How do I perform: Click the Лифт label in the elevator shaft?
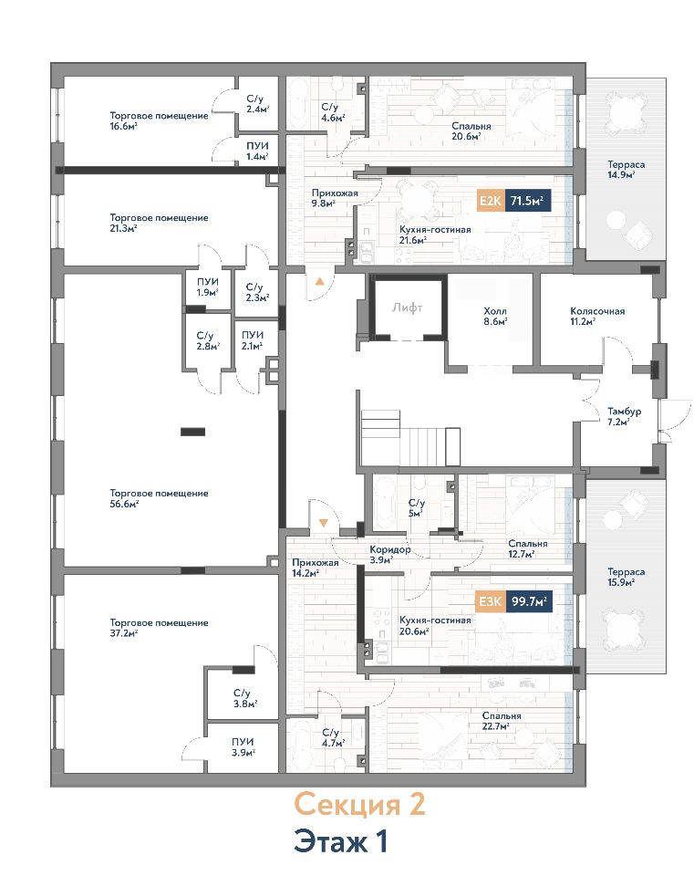coord(407,308)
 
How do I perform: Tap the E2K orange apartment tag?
coord(491,201)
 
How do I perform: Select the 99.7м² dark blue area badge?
coord(529,601)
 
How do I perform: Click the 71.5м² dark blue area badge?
coord(528,201)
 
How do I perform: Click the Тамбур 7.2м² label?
coord(624,417)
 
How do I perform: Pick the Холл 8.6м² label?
coord(495,317)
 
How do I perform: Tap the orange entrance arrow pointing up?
coord(319,282)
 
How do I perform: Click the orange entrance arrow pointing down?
coord(323,524)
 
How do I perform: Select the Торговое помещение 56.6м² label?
coord(159,498)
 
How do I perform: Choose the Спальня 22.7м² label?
coord(502,721)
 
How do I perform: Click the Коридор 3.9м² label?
coord(389,554)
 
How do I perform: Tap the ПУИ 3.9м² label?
coord(243,747)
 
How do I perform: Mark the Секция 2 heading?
coord(359,805)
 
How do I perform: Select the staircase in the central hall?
coord(410,438)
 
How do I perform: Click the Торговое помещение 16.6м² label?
coord(159,120)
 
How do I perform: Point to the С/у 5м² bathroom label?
coord(416,508)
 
